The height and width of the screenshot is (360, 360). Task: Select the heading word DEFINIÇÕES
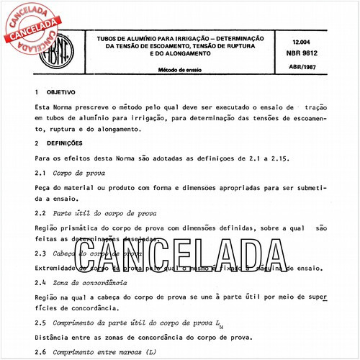[x=67, y=143]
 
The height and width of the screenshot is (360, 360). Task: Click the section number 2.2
[x=40, y=214]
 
